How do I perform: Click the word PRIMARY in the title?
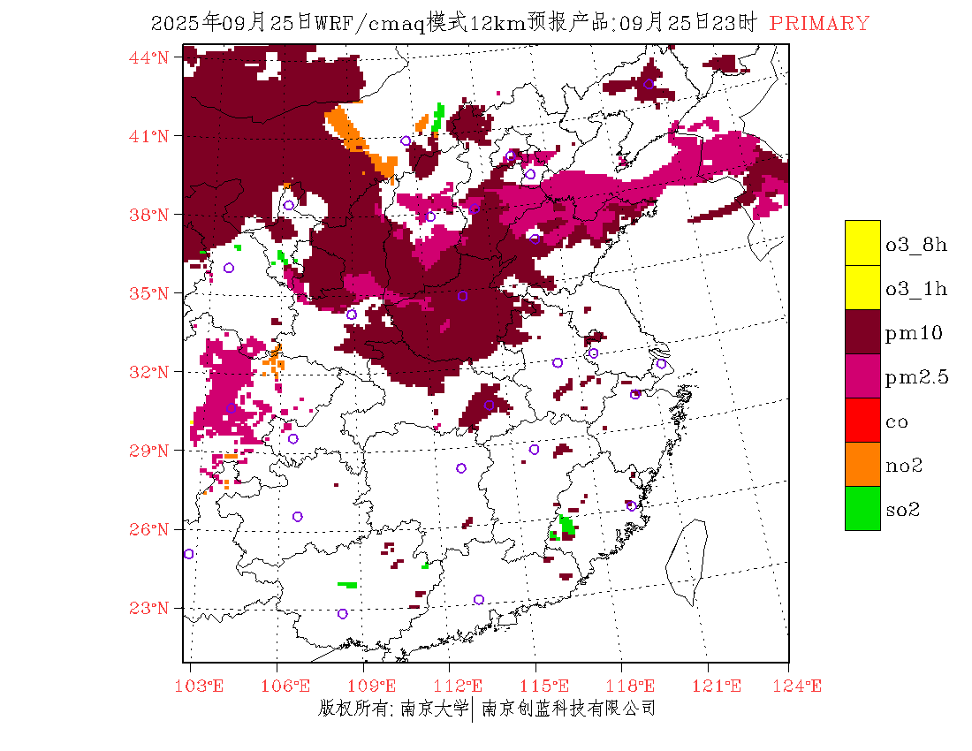pos(819,24)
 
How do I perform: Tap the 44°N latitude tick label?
pos(149,57)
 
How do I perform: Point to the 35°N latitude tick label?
pos(149,293)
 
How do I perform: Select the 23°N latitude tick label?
pos(149,608)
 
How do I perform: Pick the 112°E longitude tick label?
pos(463,687)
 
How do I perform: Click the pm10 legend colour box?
pos(862,331)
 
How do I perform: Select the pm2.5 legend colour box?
pos(862,375)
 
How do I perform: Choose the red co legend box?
pos(862,420)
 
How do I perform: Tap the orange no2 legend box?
pos(862,464)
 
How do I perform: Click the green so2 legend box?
pos(862,508)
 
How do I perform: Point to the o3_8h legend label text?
pos(916,244)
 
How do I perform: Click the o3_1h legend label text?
pos(916,288)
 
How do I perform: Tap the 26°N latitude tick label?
pos(149,529)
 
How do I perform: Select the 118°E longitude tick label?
pos(634,687)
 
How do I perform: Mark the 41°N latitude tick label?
pos(149,136)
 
